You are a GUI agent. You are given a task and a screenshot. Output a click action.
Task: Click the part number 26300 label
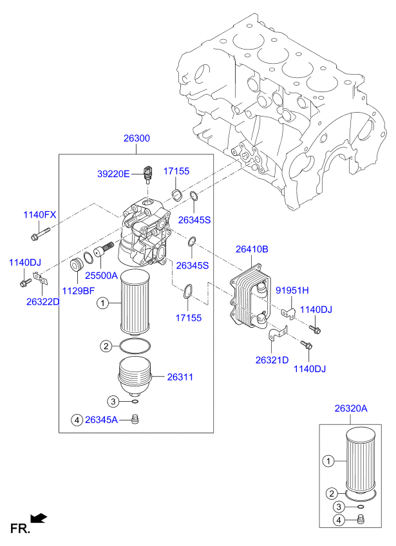137,138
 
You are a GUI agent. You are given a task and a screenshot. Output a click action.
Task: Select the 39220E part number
113,173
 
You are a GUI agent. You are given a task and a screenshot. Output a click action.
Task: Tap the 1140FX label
40,214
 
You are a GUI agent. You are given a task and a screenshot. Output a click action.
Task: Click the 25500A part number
102,275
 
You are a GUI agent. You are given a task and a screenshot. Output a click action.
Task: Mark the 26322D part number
43,301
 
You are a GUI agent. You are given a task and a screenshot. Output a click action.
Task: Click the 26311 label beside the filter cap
180,377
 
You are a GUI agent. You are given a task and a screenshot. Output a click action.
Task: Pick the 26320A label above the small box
351,408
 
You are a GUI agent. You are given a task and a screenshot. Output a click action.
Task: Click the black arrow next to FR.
39,517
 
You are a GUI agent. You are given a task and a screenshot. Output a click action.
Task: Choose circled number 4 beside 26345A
77,420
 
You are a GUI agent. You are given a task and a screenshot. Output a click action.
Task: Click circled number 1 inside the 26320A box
328,460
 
